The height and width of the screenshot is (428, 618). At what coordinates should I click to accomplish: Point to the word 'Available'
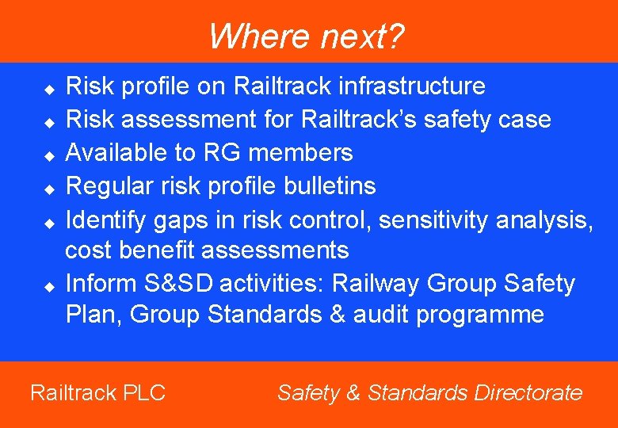(x=116, y=152)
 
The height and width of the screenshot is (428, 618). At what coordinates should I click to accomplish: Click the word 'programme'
(x=481, y=315)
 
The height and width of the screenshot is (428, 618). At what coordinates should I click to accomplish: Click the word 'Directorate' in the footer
(x=528, y=392)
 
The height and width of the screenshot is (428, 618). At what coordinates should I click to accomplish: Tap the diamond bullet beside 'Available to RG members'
(x=48, y=154)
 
